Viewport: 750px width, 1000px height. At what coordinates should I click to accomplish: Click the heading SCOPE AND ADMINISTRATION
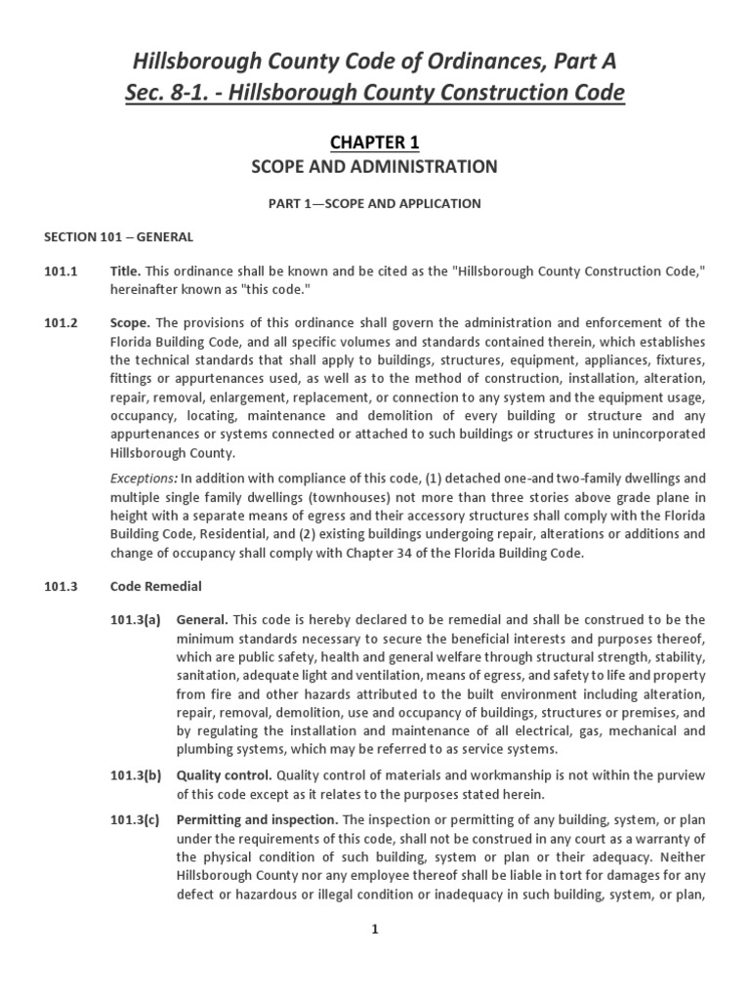375,167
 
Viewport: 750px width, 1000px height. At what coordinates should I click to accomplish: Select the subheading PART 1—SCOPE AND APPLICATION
375,203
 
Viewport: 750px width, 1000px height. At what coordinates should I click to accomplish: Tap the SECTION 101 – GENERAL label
118,237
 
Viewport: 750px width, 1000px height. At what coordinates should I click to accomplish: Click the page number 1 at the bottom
374,930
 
